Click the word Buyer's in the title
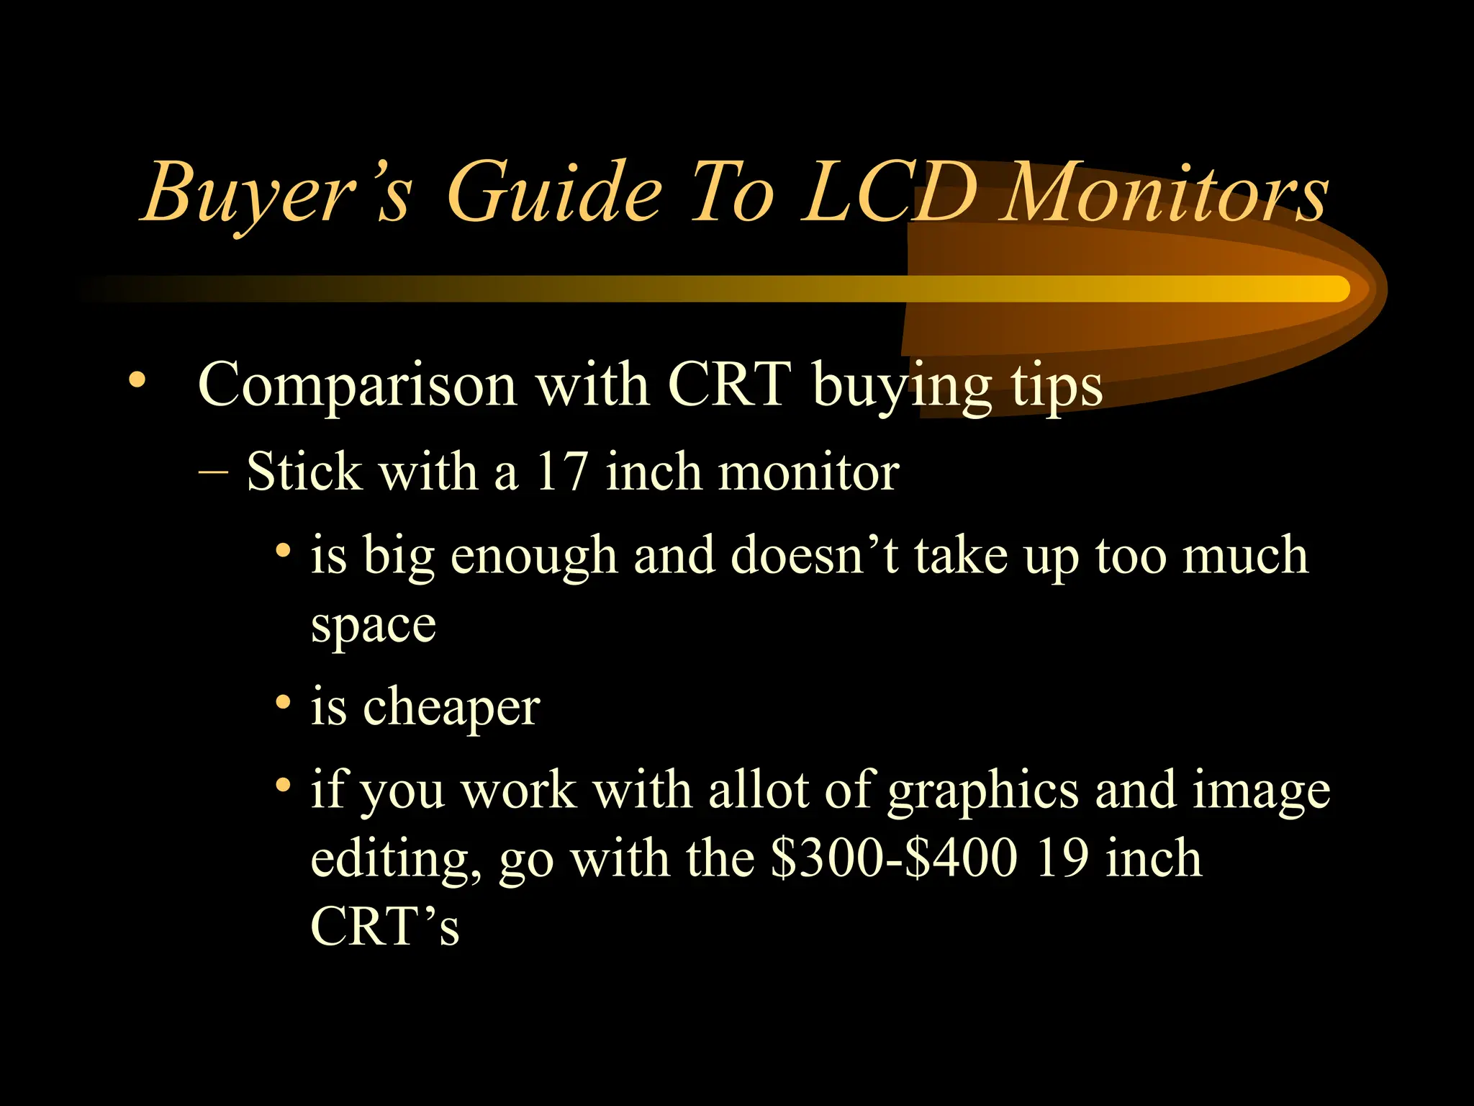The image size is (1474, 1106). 277,193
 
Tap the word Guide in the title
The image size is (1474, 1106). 553,193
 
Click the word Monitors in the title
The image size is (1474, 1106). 1166,193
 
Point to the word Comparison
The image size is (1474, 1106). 357,385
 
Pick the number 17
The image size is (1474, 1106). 561,472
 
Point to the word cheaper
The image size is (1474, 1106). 451,708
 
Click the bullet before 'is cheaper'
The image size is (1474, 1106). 284,701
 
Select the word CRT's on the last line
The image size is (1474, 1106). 384,926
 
